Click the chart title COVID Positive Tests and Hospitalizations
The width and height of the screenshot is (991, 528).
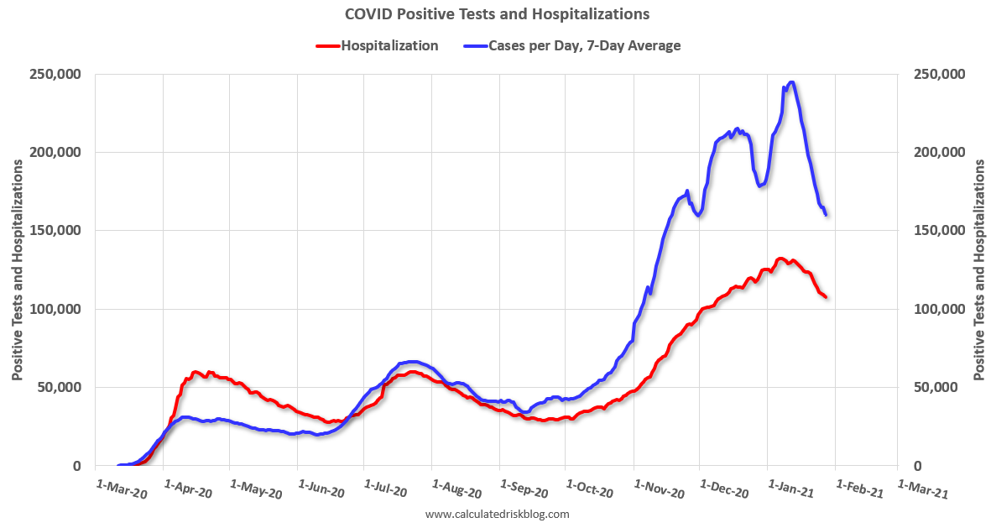coord(496,14)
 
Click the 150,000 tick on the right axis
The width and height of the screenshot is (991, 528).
coord(937,231)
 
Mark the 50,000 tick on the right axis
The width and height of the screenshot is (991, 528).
coord(934,387)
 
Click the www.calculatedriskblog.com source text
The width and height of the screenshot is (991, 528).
coord(498,514)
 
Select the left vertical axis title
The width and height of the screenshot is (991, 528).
coord(18,269)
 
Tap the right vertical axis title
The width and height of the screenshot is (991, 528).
coord(978,269)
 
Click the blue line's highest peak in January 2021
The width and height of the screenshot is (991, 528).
coord(791,82)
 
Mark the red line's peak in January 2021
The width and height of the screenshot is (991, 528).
coord(781,259)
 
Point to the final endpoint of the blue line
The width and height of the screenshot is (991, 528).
coord(827,215)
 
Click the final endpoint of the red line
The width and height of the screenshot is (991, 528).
coord(826,296)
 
